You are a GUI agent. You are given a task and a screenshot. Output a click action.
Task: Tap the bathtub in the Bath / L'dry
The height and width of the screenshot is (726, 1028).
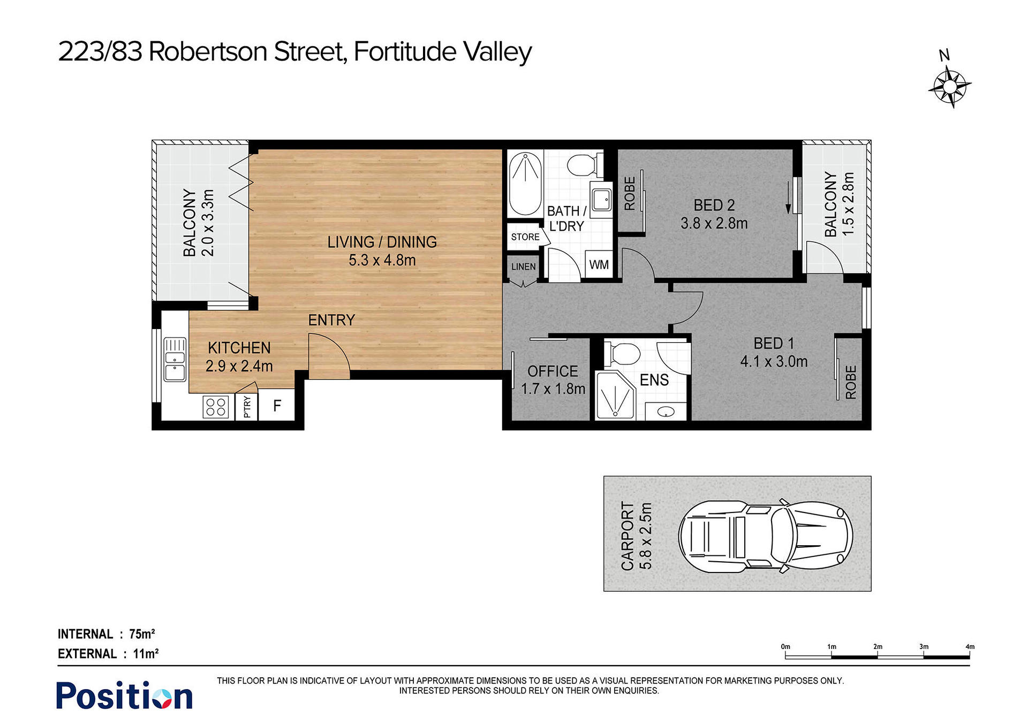click(525, 184)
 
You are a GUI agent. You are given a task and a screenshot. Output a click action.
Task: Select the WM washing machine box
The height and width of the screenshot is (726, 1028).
click(599, 264)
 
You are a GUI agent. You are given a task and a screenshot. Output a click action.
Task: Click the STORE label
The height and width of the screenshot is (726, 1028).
click(525, 237)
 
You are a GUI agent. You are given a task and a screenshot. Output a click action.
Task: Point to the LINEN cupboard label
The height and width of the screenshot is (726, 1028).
click(523, 266)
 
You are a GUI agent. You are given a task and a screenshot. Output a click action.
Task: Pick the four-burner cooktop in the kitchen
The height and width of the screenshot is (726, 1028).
click(216, 407)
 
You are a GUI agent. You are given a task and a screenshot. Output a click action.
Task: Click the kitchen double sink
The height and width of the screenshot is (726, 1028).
click(175, 359)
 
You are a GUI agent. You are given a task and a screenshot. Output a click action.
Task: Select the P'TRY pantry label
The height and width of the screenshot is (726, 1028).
click(247, 407)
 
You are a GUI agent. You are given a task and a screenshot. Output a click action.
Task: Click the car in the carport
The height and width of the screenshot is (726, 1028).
click(766, 536)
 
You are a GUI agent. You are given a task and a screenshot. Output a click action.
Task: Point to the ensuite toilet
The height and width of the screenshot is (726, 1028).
click(622, 354)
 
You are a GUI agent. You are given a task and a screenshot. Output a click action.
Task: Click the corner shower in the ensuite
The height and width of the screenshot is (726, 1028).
click(615, 396)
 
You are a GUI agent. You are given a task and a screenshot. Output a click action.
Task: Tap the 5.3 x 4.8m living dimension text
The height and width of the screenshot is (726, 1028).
click(382, 261)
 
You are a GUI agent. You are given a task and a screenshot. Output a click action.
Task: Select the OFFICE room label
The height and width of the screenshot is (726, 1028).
click(553, 371)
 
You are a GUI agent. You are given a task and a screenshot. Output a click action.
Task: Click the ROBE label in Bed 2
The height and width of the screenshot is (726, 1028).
click(630, 193)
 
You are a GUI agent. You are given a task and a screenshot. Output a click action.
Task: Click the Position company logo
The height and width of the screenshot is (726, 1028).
click(124, 696)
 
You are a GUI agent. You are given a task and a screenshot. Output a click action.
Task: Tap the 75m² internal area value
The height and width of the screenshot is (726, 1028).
click(142, 634)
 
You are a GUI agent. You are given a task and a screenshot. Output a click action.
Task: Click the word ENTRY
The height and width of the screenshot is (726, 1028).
click(331, 320)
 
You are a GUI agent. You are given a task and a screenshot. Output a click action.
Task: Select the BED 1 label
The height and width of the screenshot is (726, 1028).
click(774, 343)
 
